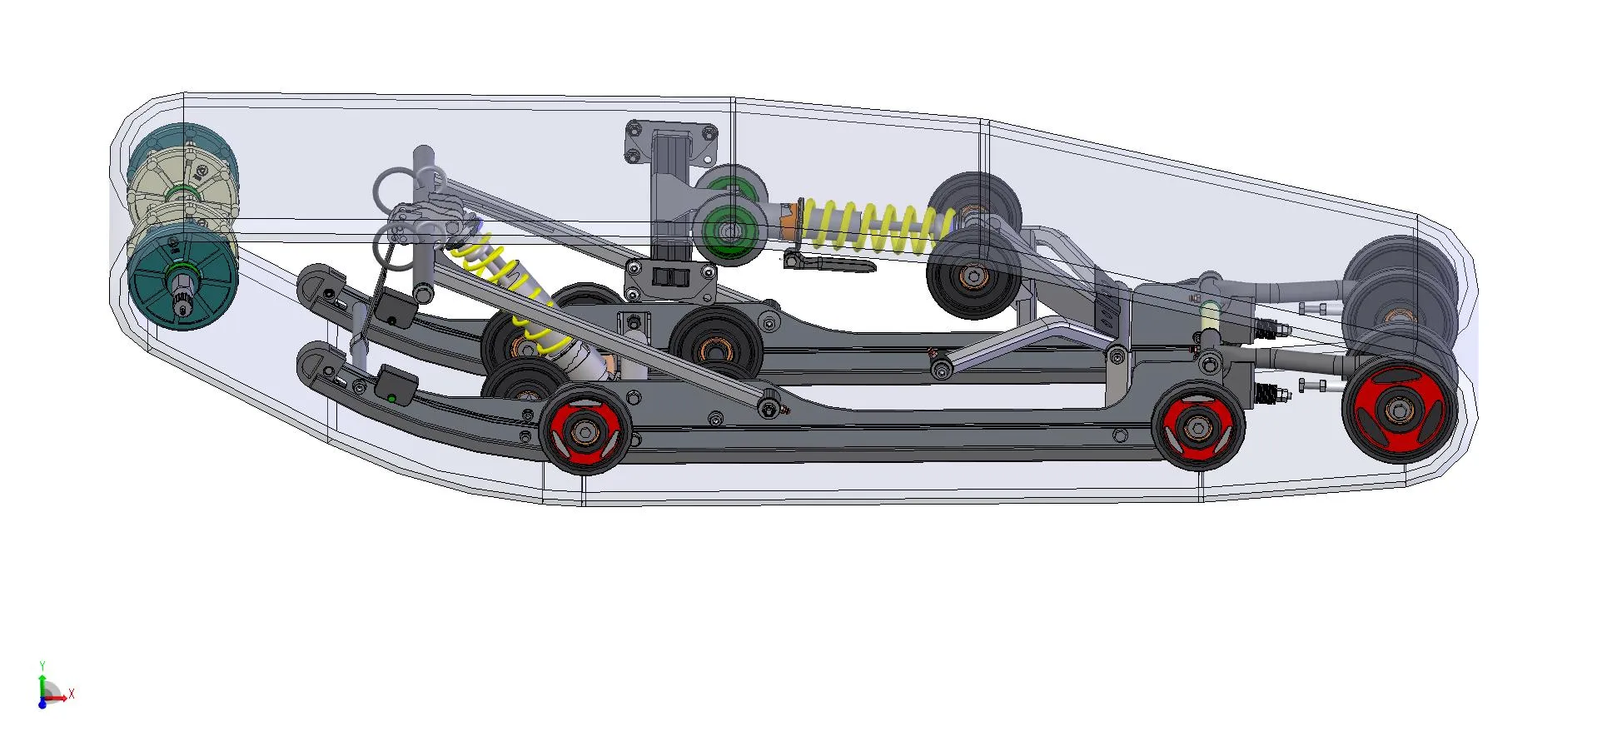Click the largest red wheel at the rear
coord(1399,410)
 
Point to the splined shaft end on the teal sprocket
coord(181,296)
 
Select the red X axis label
coord(72,694)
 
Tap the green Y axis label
coord(42,666)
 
